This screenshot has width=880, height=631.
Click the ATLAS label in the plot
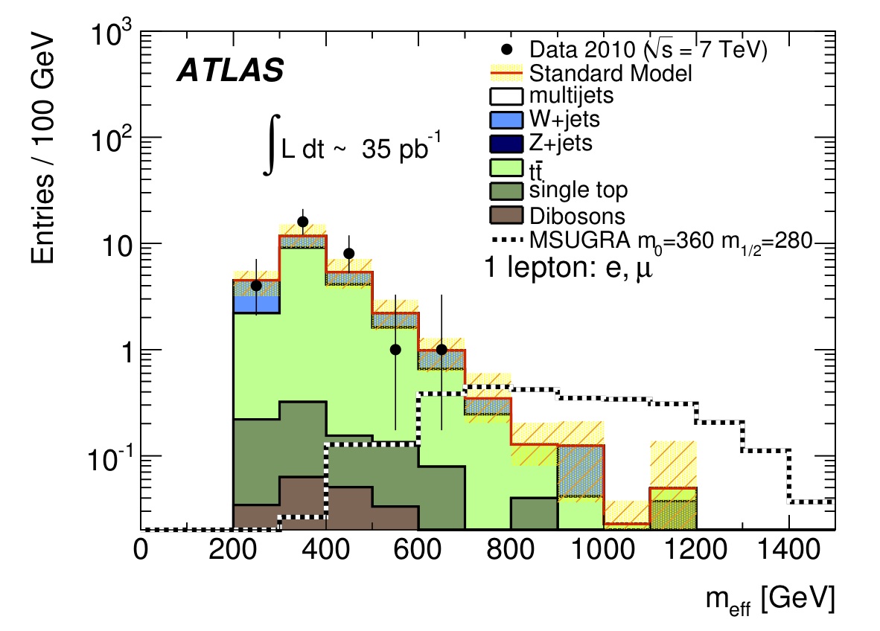click(x=229, y=70)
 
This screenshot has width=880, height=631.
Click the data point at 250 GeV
click(x=256, y=286)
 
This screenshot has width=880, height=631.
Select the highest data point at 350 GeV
click(x=302, y=222)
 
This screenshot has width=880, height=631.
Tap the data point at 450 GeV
click(x=348, y=253)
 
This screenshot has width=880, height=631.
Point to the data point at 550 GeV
click(x=395, y=350)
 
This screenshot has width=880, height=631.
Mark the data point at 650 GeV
click(x=441, y=350)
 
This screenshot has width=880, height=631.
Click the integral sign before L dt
click(x=270, y=149)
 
